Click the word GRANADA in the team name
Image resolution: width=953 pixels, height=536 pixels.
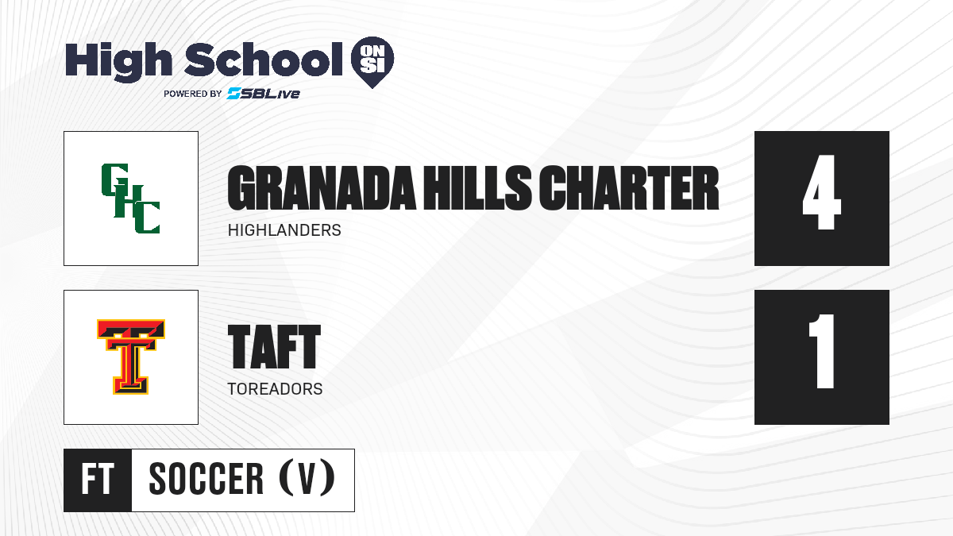pyautogui.click(x=322, y=188)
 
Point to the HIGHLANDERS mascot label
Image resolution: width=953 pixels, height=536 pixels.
pyautogui.click(x=284, y=230)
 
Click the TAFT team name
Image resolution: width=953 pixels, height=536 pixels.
pyautogui.click(x=274, y=347)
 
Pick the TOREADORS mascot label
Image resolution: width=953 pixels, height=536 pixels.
pyautogui.click(x=275, y=389)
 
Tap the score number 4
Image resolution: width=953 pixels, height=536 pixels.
pyautogui.click(x=821, y=192)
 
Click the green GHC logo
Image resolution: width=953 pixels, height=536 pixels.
pyautogui.click(x=130, y=199)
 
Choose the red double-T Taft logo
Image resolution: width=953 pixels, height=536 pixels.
pyautogui.click(x=130, y=357)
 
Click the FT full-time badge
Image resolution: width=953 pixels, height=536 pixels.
pyautogui.click(x=98, y=480)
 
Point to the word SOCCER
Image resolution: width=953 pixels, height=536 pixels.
pyautogui.click(x=206, y=479)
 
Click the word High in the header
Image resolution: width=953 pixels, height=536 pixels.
pyautogui.click(x=118, y=62)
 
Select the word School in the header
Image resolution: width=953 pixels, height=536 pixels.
pyautogui.click(x=264, y=60)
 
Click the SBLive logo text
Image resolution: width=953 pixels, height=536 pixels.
pyautogui.click(x=270, y=94)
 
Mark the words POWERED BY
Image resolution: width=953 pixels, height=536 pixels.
pyautogui.click(x=192, y=94)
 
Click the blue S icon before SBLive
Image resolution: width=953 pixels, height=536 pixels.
pyautogui.click(x=234, y=94)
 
